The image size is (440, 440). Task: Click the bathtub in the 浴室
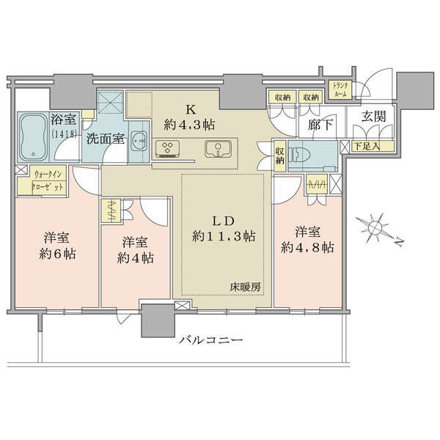pos(34,137)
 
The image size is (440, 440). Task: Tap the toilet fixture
pos(301,155)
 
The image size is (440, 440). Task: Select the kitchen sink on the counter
pos(218,149)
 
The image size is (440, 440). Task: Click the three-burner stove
pos(168,148)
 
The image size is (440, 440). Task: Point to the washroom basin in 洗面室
pos(138,139)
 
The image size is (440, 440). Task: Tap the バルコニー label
pos(211,340)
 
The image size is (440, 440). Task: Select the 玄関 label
pos(373,117)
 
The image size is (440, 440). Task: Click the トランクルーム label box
pos(340,89)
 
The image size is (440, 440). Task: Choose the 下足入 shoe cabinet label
pos(367,146)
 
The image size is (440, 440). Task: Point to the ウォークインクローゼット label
pos(48,181)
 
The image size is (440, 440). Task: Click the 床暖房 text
pos(245,287)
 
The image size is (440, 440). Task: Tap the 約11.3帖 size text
pos(224,236)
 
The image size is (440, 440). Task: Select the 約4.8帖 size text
pos(307,248)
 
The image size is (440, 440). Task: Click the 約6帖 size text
pos(57,254)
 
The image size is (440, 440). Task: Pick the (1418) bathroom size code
pos(63,134)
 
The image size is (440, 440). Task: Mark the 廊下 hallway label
pos(320,125)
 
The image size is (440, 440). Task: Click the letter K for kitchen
pos(191,109)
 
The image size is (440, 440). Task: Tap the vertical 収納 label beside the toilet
pos(279,155)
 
